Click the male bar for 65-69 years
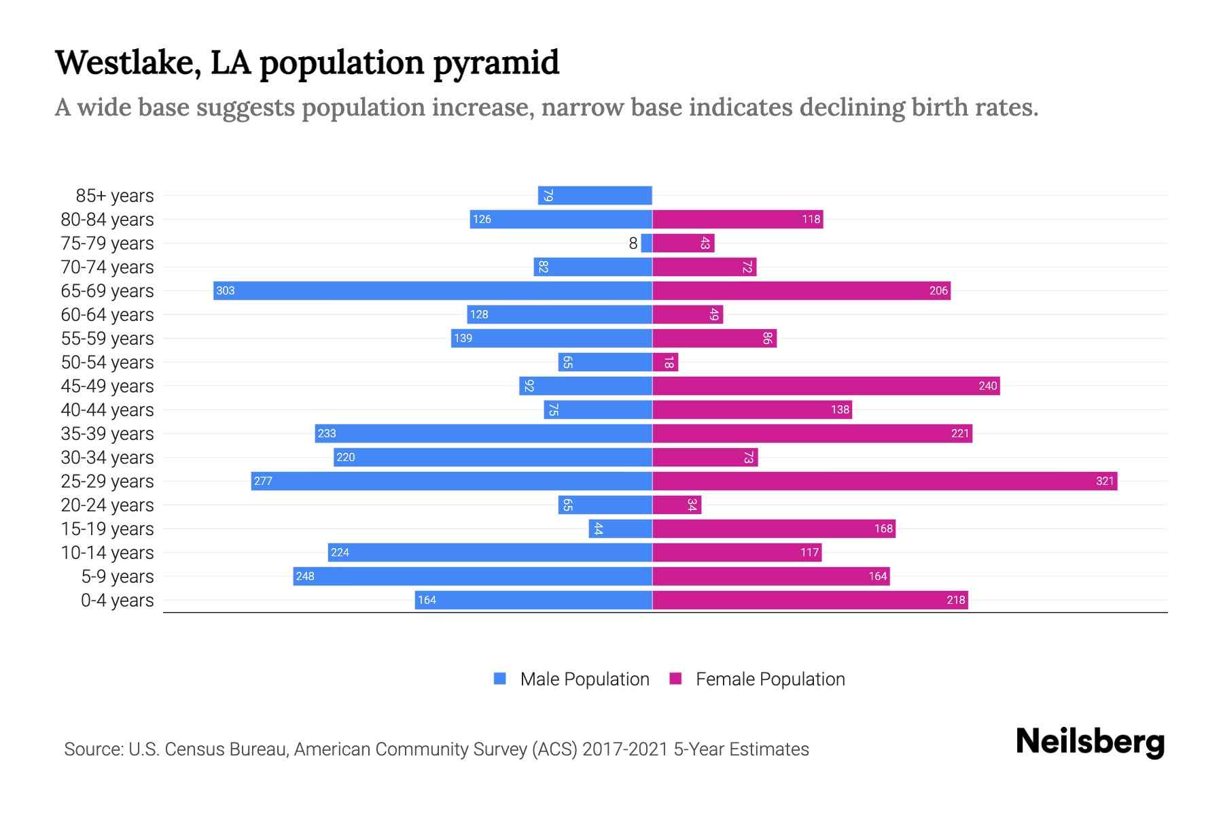[x=432, y=290]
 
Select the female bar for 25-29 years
[x=885, y=481]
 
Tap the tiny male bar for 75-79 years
[x=646, y=243]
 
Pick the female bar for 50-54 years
[x=665, y=362]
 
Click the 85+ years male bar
[x=595, y=195]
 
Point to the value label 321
[x=1105, y=481]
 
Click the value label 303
[x=225, y=290]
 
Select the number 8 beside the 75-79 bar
[x=633, y=243]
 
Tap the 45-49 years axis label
[x=107, y=386]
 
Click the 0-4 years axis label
[x=117, y=600]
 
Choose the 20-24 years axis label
[x=107, y=505]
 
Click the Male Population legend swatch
[x=500, y=679]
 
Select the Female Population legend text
[x=770, y=679]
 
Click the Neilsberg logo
[x=1090, y=742]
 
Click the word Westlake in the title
[x=128, y=63]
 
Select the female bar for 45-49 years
[x=826, y=386]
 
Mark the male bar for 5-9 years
[x=472, y=576]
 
